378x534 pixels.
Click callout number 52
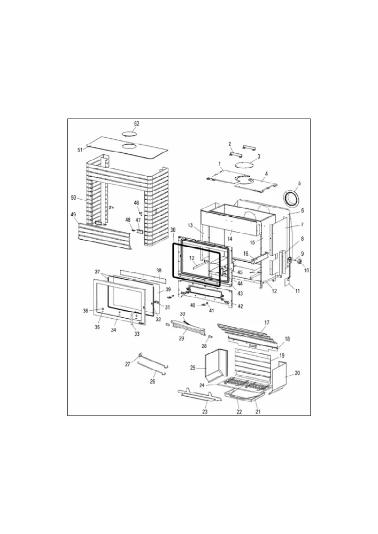pos(136,124)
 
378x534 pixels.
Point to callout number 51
pos(80,150)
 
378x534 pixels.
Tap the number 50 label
pos(73,198)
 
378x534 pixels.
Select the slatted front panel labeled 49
pos(104,235)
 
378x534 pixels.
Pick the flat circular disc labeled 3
pos(244,165)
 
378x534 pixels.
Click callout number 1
pos(220,164)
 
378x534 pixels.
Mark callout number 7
pos(302,225)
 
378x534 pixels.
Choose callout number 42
pos(240,306)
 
